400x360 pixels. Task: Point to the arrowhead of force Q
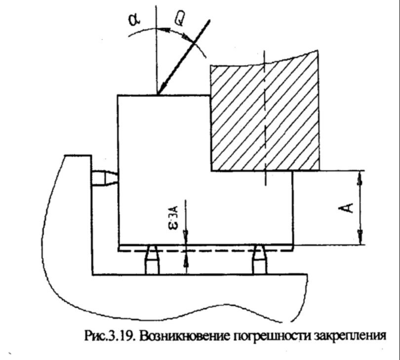pyautogui.click(x=160, y=91)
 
